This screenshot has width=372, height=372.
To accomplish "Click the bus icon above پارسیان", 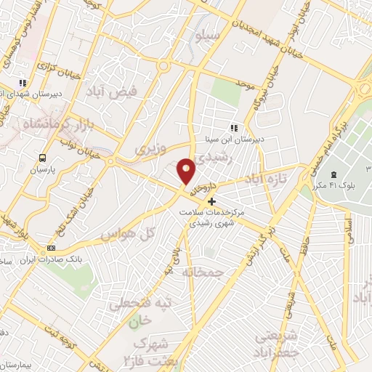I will pos(43,157).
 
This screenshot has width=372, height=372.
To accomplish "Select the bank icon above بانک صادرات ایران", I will pos(50,248).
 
